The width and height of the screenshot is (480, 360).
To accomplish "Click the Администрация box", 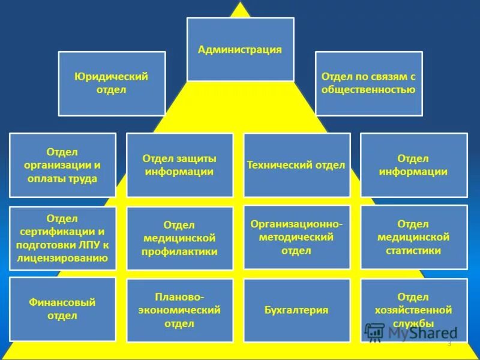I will [240, 49].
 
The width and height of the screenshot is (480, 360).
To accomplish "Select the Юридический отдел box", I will [112, 83].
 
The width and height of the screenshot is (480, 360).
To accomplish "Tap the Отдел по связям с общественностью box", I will [368, 83].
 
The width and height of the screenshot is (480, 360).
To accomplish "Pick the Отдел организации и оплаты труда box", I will [62, 165].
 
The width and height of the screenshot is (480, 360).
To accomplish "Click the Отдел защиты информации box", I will [179, 165].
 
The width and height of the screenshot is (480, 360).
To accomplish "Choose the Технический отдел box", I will [296, 165].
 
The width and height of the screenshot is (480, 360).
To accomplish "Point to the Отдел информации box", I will [413, 165].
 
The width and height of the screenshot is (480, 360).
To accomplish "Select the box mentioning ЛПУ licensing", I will [62, 239].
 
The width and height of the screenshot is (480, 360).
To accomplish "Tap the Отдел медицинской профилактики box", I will [179, 239].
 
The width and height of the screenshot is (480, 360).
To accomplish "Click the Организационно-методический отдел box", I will [296, 236].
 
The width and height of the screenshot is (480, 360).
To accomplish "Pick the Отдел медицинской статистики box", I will [413, 237].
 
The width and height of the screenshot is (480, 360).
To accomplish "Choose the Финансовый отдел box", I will [62, 309].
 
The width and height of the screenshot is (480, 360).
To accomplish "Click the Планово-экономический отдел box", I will [179, 310].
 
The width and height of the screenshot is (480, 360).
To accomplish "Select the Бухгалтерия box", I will [296, 310].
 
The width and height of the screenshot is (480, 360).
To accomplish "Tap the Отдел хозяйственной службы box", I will [413, 310].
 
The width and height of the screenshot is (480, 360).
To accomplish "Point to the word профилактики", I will [179, 252].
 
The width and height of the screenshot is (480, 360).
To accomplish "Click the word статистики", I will [413, 250].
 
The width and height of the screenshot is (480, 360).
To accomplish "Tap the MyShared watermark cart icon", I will [375, 332].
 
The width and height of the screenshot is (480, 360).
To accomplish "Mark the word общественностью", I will [368, 90].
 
